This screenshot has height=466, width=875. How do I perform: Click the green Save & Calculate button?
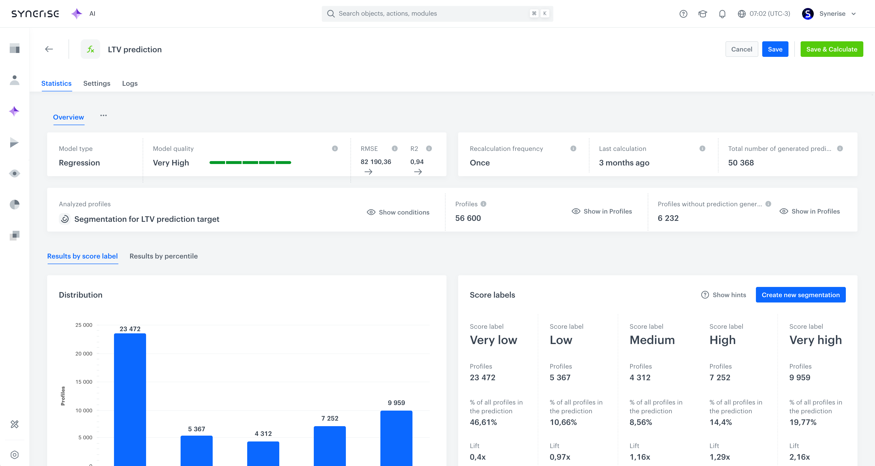pyautogui.click(x=831, y=49)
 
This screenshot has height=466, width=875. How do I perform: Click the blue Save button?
pyautogui.click(x=775, y=49)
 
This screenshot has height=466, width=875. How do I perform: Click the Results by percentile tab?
pyautogui.click(x=163, y=256)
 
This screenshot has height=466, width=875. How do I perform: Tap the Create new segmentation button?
pyautogui.click(x=800, y=295)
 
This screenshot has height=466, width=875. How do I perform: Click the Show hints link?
pyautogui.click(x=724, y=295)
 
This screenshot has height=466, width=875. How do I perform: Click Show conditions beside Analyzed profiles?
pyautogui.click(x=398, y=212)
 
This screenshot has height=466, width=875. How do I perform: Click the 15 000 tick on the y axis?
pyautogui.click(x=84, y=382)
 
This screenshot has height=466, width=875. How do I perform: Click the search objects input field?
pyautogui.click(x=431, y=14)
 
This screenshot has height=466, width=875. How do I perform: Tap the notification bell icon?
pyautogui.click(x=722, y=14)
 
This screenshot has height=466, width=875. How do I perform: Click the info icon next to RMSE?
pyautogui.click(x=394, y=148)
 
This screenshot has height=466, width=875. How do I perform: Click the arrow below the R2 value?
pyautogui.click(x=418, y=172)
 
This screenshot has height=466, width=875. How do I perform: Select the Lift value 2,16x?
pyautogui.click(x=799, y=457)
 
